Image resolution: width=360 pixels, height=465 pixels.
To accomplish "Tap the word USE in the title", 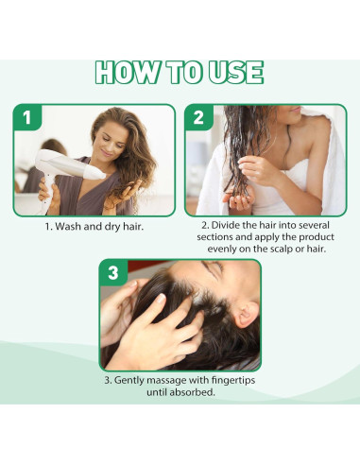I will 232,74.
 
